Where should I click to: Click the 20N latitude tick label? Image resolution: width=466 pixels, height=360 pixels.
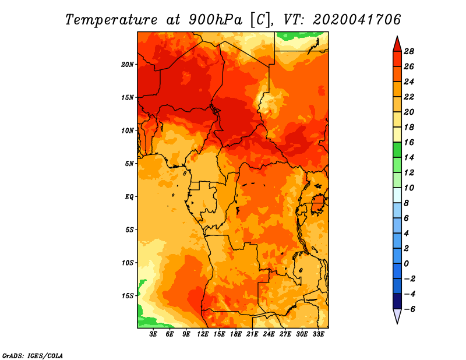pos(127,65)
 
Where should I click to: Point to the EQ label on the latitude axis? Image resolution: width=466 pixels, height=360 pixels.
pos(129,197)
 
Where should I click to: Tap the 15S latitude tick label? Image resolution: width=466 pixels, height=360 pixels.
pos(127,296)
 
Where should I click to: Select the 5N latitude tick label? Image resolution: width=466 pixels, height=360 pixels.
pos(129,164)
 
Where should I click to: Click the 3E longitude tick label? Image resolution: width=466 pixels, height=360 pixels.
pos(153,334)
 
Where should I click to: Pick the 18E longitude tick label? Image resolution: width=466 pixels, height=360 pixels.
pos(236,334)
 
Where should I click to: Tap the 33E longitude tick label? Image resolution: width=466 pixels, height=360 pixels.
pos(318,334)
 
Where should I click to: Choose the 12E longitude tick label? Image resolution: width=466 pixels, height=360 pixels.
pos(203,334)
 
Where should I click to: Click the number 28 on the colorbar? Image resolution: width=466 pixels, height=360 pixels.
pos(409,51)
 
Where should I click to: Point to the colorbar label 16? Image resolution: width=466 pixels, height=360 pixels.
pos(409,142)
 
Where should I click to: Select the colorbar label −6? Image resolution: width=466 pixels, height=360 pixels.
pos(409,309)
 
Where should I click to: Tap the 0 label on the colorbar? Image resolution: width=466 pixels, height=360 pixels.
pos(406,264)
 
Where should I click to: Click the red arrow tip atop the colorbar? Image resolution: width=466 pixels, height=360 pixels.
pos(397,37)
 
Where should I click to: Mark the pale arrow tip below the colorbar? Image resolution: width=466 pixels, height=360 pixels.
pos(397,323)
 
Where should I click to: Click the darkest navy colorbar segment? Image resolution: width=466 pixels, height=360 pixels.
pos(397,301)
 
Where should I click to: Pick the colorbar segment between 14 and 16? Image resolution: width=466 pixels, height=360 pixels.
pos(397,150)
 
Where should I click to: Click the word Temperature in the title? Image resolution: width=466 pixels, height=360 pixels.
pos(111,20)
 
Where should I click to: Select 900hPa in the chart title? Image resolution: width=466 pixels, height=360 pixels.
pos(216,20)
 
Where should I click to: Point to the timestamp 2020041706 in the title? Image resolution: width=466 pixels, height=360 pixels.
pos(357,20)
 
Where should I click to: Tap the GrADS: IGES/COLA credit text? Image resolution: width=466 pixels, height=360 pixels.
pos(33,356)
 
